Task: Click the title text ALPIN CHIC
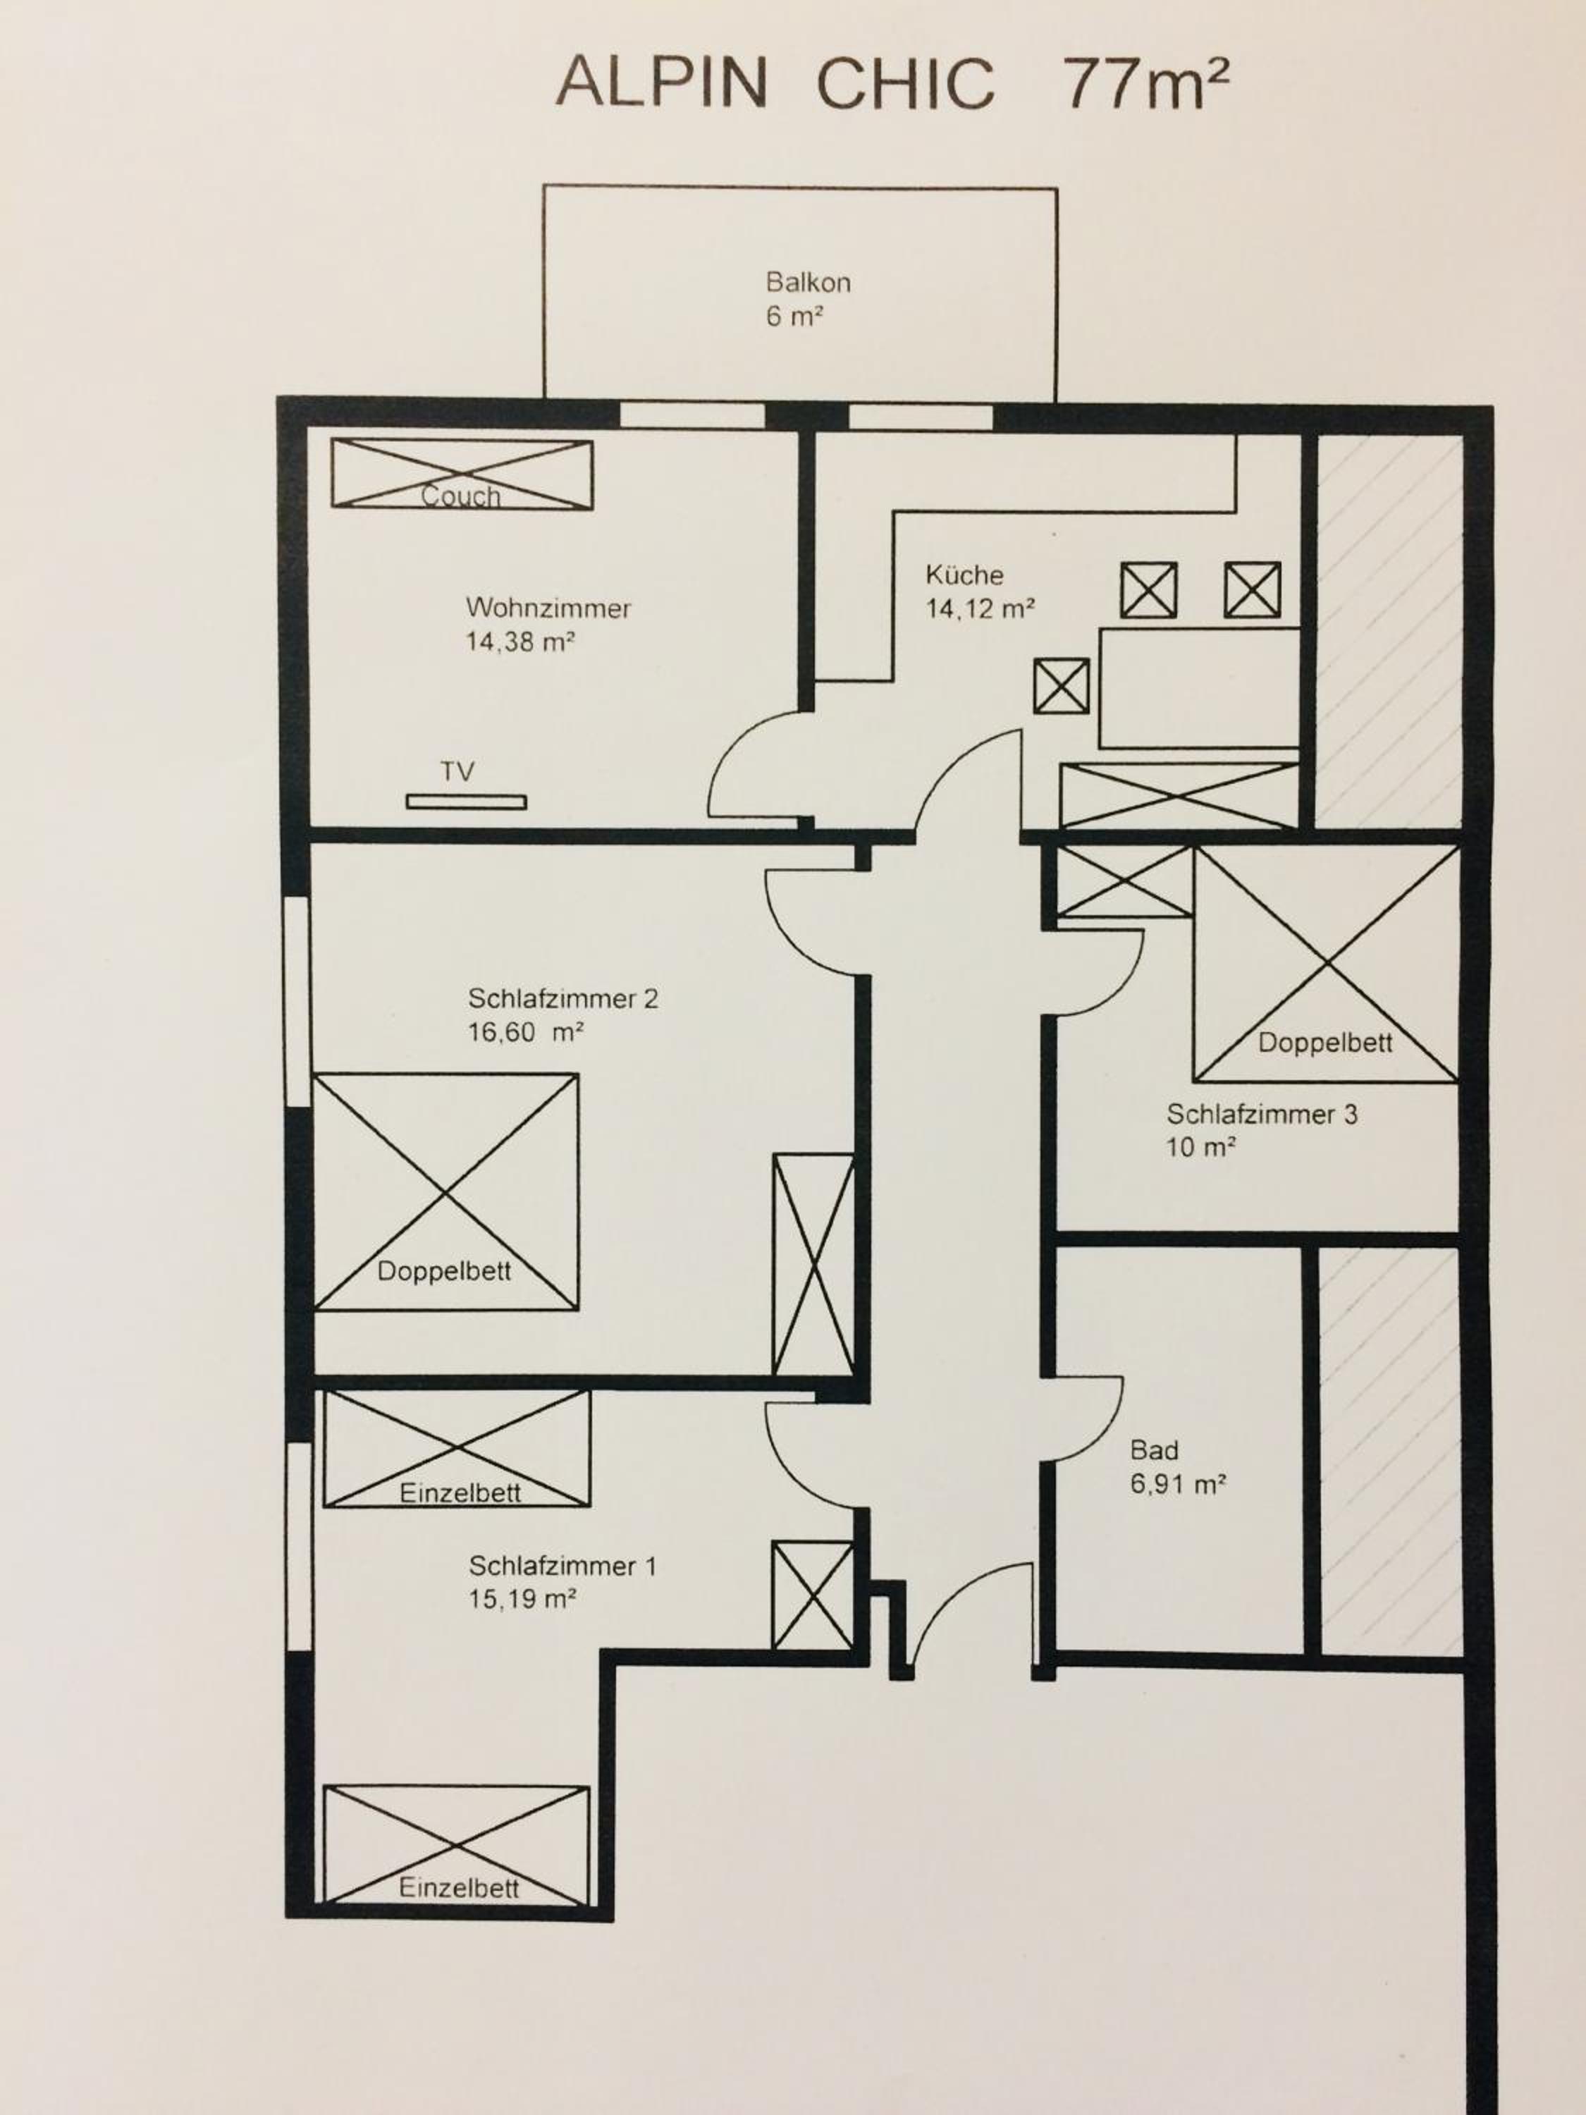point(775,82)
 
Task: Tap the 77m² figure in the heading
point(1145,82)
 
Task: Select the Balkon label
point(808,282)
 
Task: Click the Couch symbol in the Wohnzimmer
point(462,473)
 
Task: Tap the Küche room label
point(964,575)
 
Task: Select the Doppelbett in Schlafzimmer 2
point(445,1191)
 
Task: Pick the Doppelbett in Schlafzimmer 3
point(1326,964)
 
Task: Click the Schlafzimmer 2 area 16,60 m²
point(525,1031)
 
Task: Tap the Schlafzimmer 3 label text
point(1261,1114)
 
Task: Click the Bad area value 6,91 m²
point(1178,1484)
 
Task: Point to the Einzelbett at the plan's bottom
point(457,1844)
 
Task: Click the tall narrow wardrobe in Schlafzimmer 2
point(813,1264)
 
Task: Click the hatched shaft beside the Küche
point(1389,631)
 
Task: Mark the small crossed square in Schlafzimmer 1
point(813,1595)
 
